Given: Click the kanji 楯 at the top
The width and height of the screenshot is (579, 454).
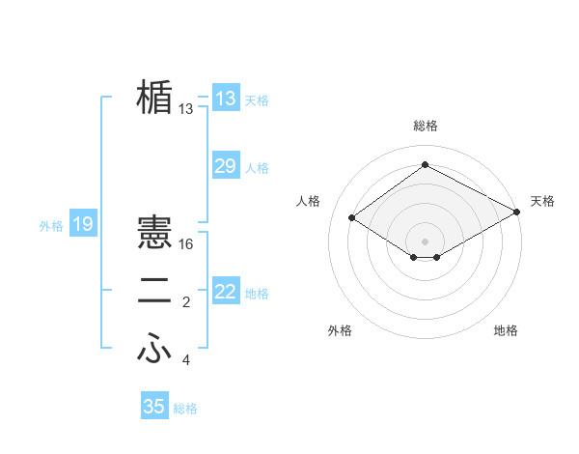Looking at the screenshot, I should pos(154,98).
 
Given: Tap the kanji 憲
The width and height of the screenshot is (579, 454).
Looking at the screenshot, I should pos(154,233).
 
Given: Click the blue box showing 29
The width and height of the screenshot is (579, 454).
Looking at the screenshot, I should pos(225,166).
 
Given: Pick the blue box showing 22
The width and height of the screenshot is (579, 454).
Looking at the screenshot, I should pos(225,292).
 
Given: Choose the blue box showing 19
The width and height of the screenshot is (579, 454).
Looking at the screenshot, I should pos(82,225).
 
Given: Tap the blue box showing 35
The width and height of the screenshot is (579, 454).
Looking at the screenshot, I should pos(154,407).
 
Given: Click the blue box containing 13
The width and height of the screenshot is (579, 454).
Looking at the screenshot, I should pos(225,99).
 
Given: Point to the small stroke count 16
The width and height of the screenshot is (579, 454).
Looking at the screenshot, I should pos(186,245).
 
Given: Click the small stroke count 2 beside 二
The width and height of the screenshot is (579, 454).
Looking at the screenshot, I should pos(186,303).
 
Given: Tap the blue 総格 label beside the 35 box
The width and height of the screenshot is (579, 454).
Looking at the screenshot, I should pos(185,409).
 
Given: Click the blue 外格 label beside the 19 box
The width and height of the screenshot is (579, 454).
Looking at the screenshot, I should pos(51,226).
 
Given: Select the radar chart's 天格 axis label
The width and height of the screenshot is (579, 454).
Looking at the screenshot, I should pos(542,201).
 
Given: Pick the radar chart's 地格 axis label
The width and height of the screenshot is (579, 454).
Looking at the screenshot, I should pos(506,330).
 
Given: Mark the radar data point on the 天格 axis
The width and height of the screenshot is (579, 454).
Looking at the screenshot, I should pos(518,212).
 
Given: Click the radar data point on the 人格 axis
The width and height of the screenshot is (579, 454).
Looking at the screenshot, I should pos(352,218).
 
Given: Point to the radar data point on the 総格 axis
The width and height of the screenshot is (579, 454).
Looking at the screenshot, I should pos(425,165).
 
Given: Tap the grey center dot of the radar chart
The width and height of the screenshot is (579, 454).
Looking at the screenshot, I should pos(425,241).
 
